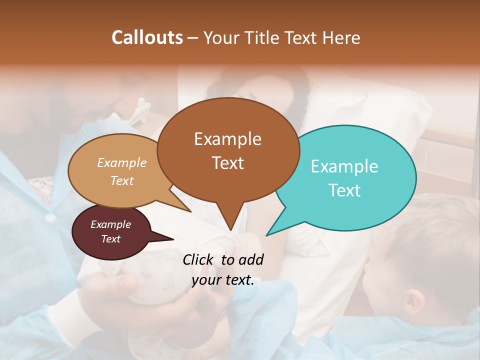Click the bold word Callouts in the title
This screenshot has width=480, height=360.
click(x=147, y=37)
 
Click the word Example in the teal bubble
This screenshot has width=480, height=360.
click(x=344, y=166)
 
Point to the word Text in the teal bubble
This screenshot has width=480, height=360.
click(x=344, y=190)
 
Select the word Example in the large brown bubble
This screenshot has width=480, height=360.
click(x=227, y=139)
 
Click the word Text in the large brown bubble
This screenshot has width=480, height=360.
click(x=227, y=163)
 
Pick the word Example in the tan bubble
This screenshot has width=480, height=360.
click(x=122, y=163)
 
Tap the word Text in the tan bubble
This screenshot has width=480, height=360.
click(x=122, y=181)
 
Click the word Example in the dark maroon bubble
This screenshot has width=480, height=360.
click(x=111, y=224)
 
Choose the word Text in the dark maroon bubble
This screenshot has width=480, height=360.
click(x=111, y=239)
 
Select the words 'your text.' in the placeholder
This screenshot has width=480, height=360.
click(x=223, y=280)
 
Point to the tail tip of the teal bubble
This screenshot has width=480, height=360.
click(x=266, y=235)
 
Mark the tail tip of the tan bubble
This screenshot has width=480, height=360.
click(x=190, y=211)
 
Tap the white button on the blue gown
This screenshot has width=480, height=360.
click(x=49, y=219)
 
